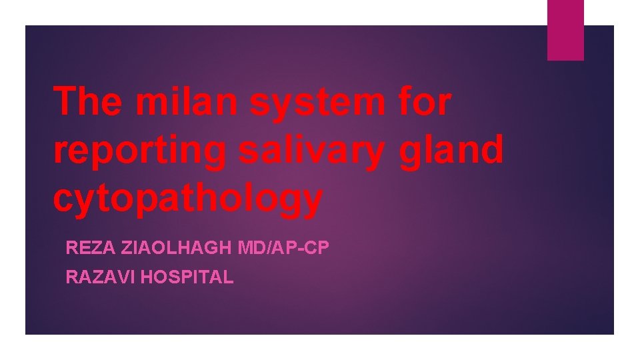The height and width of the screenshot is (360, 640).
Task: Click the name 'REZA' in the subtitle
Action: pyautogui.click(x=85, y=249)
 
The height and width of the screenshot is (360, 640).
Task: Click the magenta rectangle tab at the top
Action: pyautogui.click(x=565, y=30)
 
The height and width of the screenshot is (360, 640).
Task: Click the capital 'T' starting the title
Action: pyautogui.click(x=65, y=102)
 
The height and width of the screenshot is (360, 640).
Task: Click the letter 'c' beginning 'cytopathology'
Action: pyautogui.click(x=63, y=198)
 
